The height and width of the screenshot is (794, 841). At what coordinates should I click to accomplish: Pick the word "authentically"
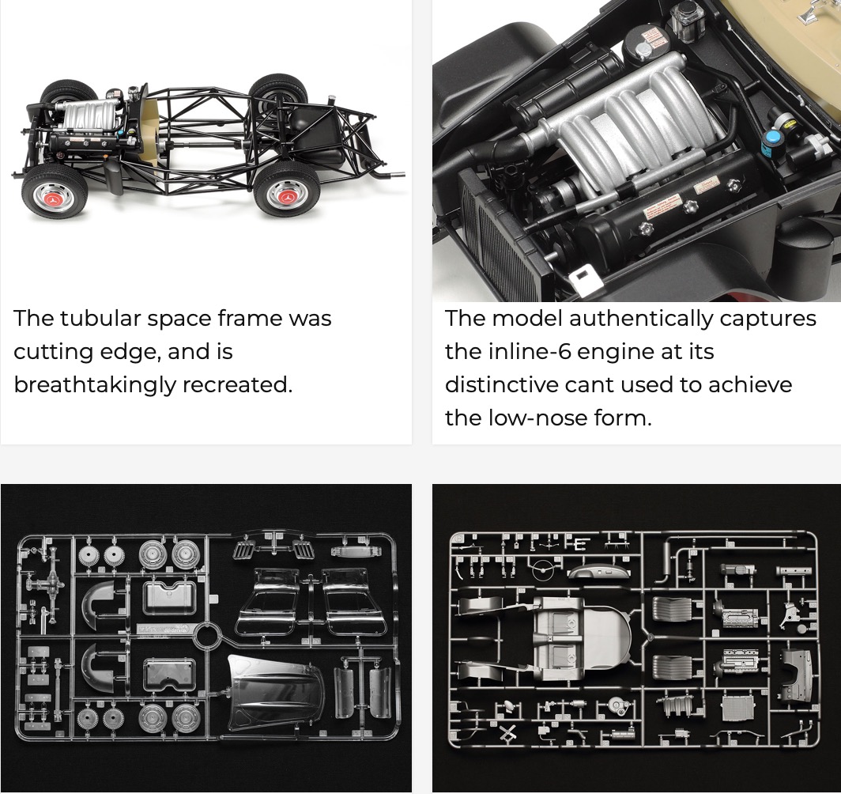click(641, 319)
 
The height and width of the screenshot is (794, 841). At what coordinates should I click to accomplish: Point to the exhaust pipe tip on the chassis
click(396, 174)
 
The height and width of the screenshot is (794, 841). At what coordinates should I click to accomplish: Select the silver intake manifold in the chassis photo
click(89, 115)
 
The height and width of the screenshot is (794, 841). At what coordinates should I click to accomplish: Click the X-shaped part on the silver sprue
click(507, 733)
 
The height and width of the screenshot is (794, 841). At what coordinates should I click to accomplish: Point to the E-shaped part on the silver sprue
click(580, 544)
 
